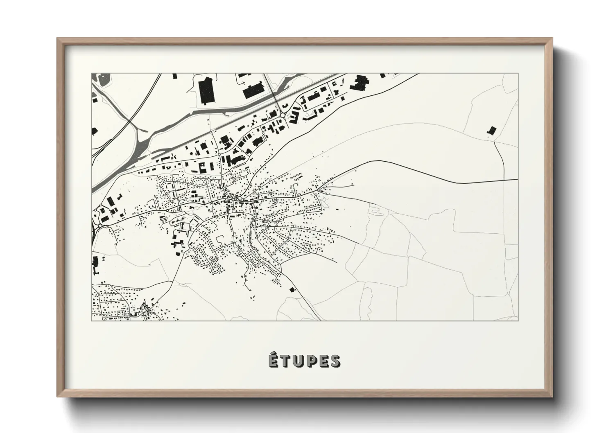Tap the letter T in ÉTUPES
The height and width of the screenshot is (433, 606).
pyautogui.click(x=285, y=361)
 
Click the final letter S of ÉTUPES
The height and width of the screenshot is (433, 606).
pyautogui.click(x=335, y=361)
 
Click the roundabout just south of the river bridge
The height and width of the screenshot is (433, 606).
pyautogui.click(x=283, y=116)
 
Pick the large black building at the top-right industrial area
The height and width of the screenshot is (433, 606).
pyautogui.click(x=359, y=83)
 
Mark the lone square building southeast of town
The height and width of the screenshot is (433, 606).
pyautogui.click(x=292, y=289)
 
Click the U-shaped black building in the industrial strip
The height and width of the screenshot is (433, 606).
pyautogui.click(x=203, y=167)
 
